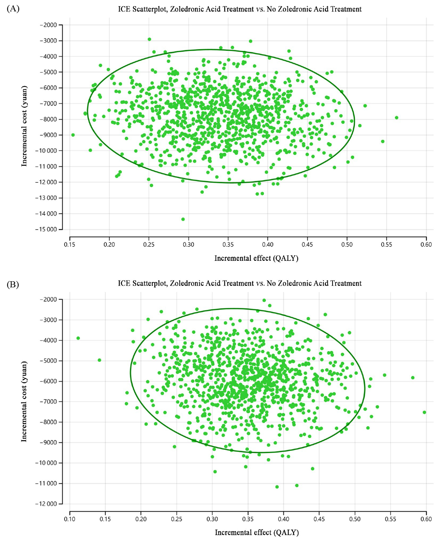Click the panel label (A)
(x=13, y=9)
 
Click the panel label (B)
(x=13, y=284)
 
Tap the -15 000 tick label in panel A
(x=46, y=229)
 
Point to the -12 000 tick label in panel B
(x=46, y=504)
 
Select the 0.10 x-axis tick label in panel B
(x=70, y=519)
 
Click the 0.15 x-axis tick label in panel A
(x=70, y=244)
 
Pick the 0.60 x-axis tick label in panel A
(x=426, y=244)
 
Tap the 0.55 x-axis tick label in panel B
(x=390, y=519)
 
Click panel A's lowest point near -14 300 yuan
(x=183, y=219)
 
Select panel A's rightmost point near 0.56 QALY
(x=396, y=118)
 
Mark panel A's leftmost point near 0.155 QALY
(x=73, y=135)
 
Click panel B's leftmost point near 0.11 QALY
(x=78, y=338)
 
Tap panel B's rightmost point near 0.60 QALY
(x=424, y=412)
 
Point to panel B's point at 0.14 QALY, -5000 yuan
(x=99, y=360)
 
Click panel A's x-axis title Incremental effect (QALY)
(x=256, y=258)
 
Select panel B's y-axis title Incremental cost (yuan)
(x=24, y=401)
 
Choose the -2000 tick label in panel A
(x=48, y=25)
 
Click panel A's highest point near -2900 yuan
(x=149, y=39)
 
